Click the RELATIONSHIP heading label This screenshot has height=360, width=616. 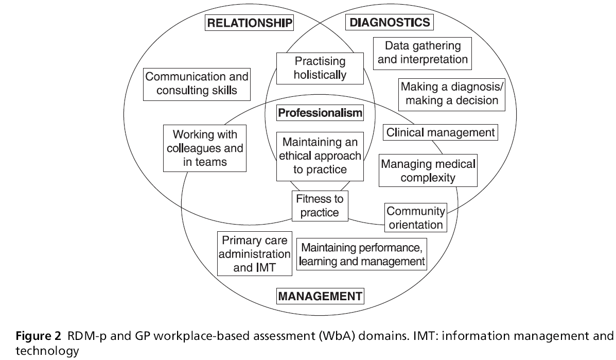[x=250, y=23]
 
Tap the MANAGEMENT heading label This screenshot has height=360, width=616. [x=320, y=296]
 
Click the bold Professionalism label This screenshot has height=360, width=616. [x=320, y=113]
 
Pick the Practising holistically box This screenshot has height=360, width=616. [x=320, y=68]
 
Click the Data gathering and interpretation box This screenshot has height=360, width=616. [x=423, y=53]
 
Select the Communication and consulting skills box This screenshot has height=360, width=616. [x=197, y=84]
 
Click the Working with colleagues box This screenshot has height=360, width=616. [x=204, y=148]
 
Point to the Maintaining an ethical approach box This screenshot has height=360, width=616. [x=320, y=156]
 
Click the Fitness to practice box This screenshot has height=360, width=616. [x=320, y=204]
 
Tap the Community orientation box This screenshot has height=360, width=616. [x=415, y=218]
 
